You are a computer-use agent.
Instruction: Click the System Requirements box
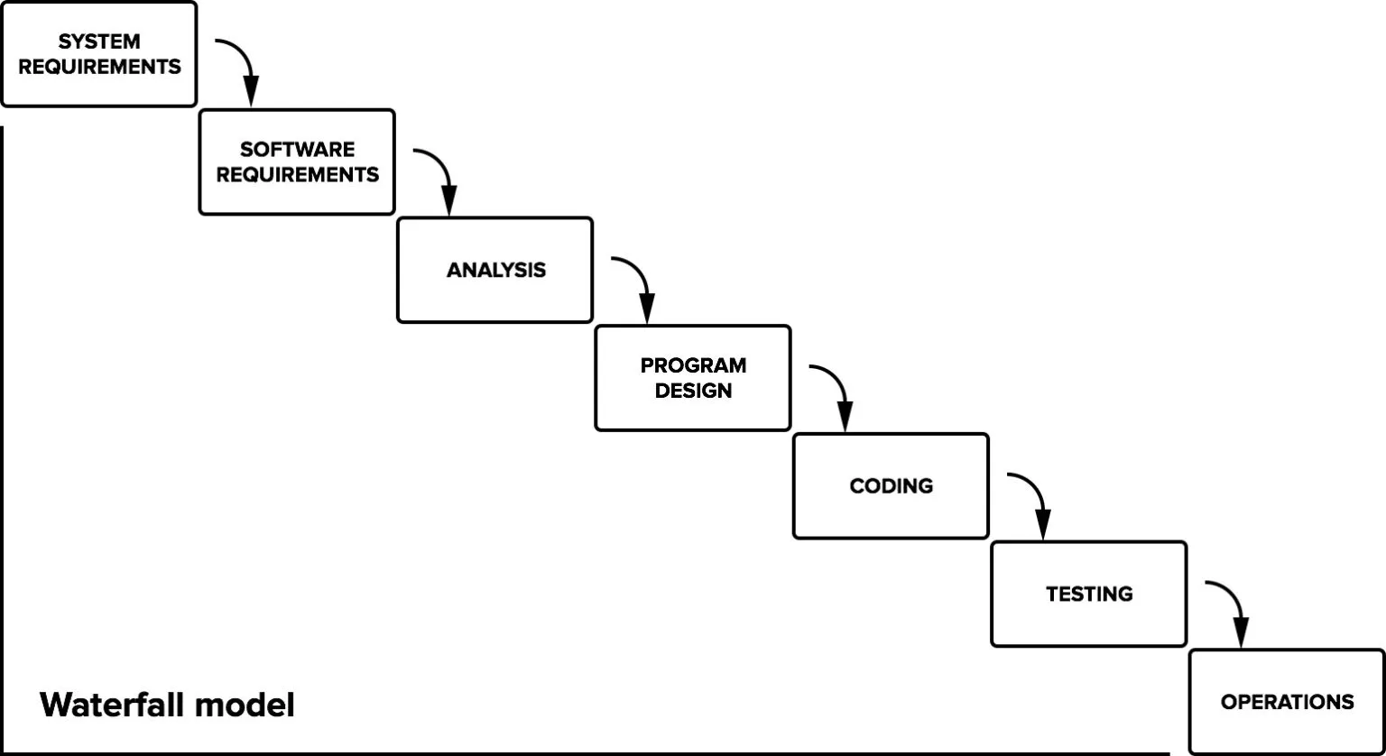(98, 54)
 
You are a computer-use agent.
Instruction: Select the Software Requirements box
(297, 162)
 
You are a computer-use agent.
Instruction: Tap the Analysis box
(495, 270)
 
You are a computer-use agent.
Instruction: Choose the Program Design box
(693, 378)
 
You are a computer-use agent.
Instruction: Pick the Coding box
(891, 486)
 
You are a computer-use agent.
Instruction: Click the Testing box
(1089, 595)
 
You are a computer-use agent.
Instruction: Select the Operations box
(1287, 702)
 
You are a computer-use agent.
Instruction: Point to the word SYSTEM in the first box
(99, 41)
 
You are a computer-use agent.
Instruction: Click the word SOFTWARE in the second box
(297, 150)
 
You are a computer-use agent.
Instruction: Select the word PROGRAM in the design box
(693, 365)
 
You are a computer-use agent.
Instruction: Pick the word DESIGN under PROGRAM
(693, 391)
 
